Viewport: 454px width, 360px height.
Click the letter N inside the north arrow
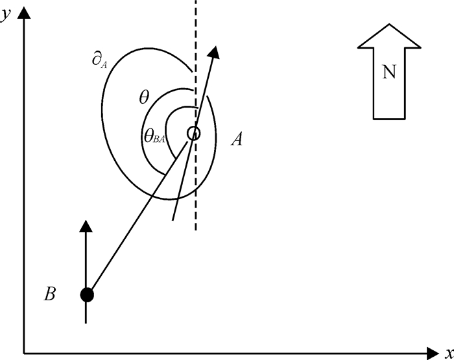click(x=389, y=73)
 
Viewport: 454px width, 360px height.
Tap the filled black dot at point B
click(x=87, y=295)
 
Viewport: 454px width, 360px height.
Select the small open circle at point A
click(x=193, y=134)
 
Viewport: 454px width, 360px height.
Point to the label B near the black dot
click(x=50, y=294)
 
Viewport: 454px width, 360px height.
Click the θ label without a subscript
click(x=144, y=98)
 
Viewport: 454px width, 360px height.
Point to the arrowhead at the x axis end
click(x=433, y=354)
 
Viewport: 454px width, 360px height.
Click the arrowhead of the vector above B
click(x=87, y=226)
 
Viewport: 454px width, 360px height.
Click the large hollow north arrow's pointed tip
click(x=389, y=26)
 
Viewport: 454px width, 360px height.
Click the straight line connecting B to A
click(x=139, y=214)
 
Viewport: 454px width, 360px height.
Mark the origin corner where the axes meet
click(x=24, y=354)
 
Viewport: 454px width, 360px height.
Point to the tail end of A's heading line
click(x=173, y=219)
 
